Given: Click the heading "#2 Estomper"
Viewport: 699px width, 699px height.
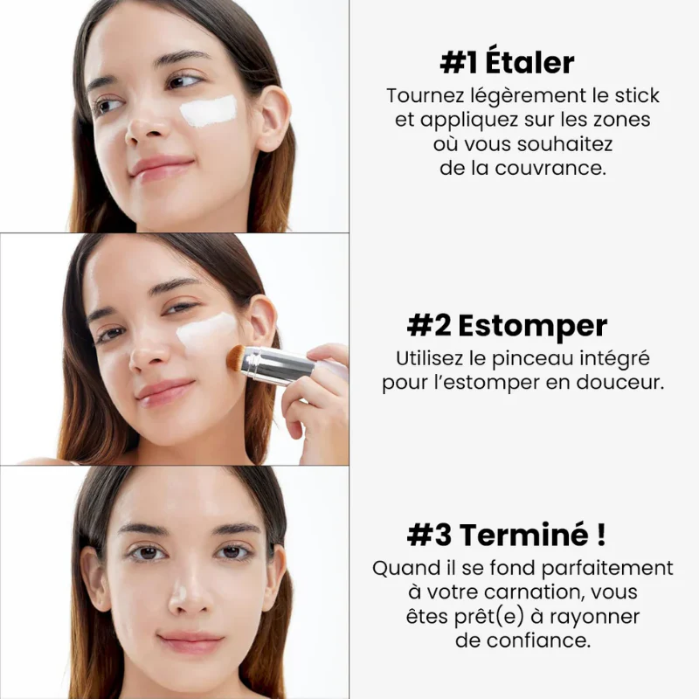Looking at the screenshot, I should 507,326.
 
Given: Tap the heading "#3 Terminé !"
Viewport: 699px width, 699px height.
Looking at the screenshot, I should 507,534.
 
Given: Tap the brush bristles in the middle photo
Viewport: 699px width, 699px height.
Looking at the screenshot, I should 234,356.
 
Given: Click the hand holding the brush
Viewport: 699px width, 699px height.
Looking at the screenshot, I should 319,393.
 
